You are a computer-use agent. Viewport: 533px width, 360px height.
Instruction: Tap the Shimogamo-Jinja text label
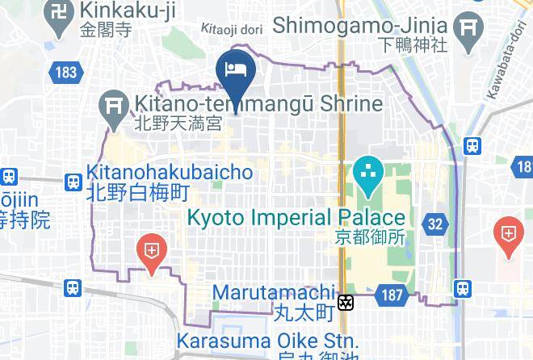point(360,25)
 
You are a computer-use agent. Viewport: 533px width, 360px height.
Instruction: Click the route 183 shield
point(66,73)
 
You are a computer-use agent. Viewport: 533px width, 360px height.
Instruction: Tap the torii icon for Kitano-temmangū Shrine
point(111,106)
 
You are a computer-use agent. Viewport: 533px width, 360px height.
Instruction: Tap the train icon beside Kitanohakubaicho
point(73,182)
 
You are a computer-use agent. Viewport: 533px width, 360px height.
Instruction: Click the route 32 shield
point(436,224)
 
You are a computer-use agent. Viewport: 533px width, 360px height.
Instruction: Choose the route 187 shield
point(392,295)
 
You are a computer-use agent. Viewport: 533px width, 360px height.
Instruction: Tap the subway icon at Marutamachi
point(346,303)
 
